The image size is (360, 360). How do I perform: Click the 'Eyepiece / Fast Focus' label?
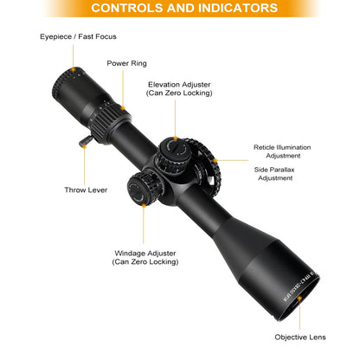coord(78,36)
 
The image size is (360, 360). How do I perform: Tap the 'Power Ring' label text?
coord(126,63)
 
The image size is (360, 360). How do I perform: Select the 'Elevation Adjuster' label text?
coord(179,85)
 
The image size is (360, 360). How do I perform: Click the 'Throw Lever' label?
coord(86,190)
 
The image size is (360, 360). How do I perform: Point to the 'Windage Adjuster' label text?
coord(145,254)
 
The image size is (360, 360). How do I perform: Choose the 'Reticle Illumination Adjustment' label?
coord(282,151)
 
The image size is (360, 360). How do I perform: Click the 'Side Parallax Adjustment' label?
coord(274,174)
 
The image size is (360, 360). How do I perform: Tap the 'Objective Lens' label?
coord(300,337)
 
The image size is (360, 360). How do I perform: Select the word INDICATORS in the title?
coord(238,8)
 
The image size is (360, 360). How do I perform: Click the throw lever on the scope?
coord(86,141)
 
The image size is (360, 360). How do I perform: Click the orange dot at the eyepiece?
coord(74,69)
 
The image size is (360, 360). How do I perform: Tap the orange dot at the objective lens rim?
coord(299,298)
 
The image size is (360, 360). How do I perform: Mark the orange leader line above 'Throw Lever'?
coord(85,166)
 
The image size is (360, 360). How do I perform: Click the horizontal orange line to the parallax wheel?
coord(232,160)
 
